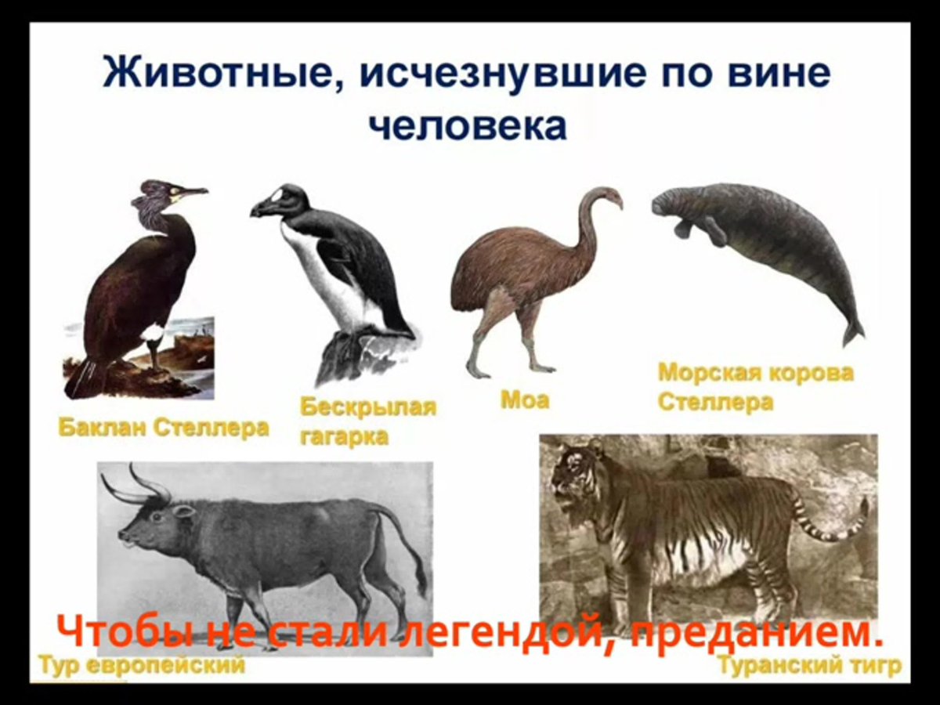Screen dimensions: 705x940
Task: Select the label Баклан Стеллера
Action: point(163,428)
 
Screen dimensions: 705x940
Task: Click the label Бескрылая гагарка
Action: point(367,421)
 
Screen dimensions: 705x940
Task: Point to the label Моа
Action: point(525,400)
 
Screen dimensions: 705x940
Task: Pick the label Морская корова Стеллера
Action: point(755,387)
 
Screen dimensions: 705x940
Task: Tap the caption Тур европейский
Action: point(142,667)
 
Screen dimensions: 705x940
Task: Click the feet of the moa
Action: point(509,368)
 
